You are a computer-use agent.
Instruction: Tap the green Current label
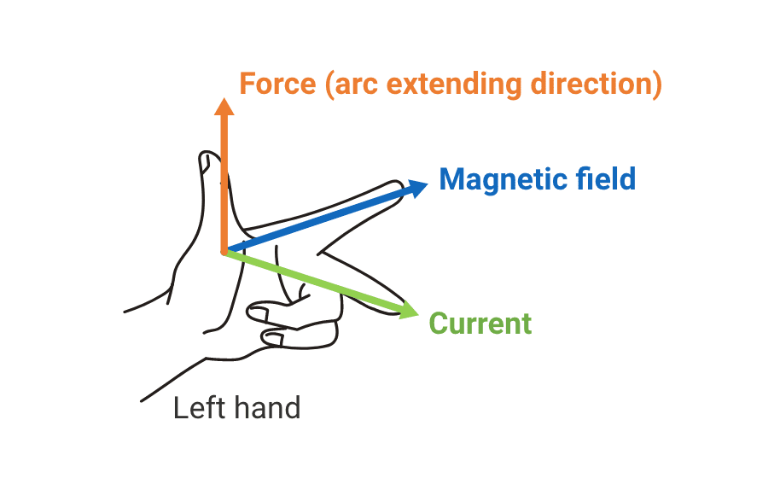click(480, 324)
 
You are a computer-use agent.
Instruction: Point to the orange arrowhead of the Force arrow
click(224, 106)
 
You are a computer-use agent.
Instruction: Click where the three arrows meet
click(225, 251)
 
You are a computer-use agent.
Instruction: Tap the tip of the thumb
click(206, 157)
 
